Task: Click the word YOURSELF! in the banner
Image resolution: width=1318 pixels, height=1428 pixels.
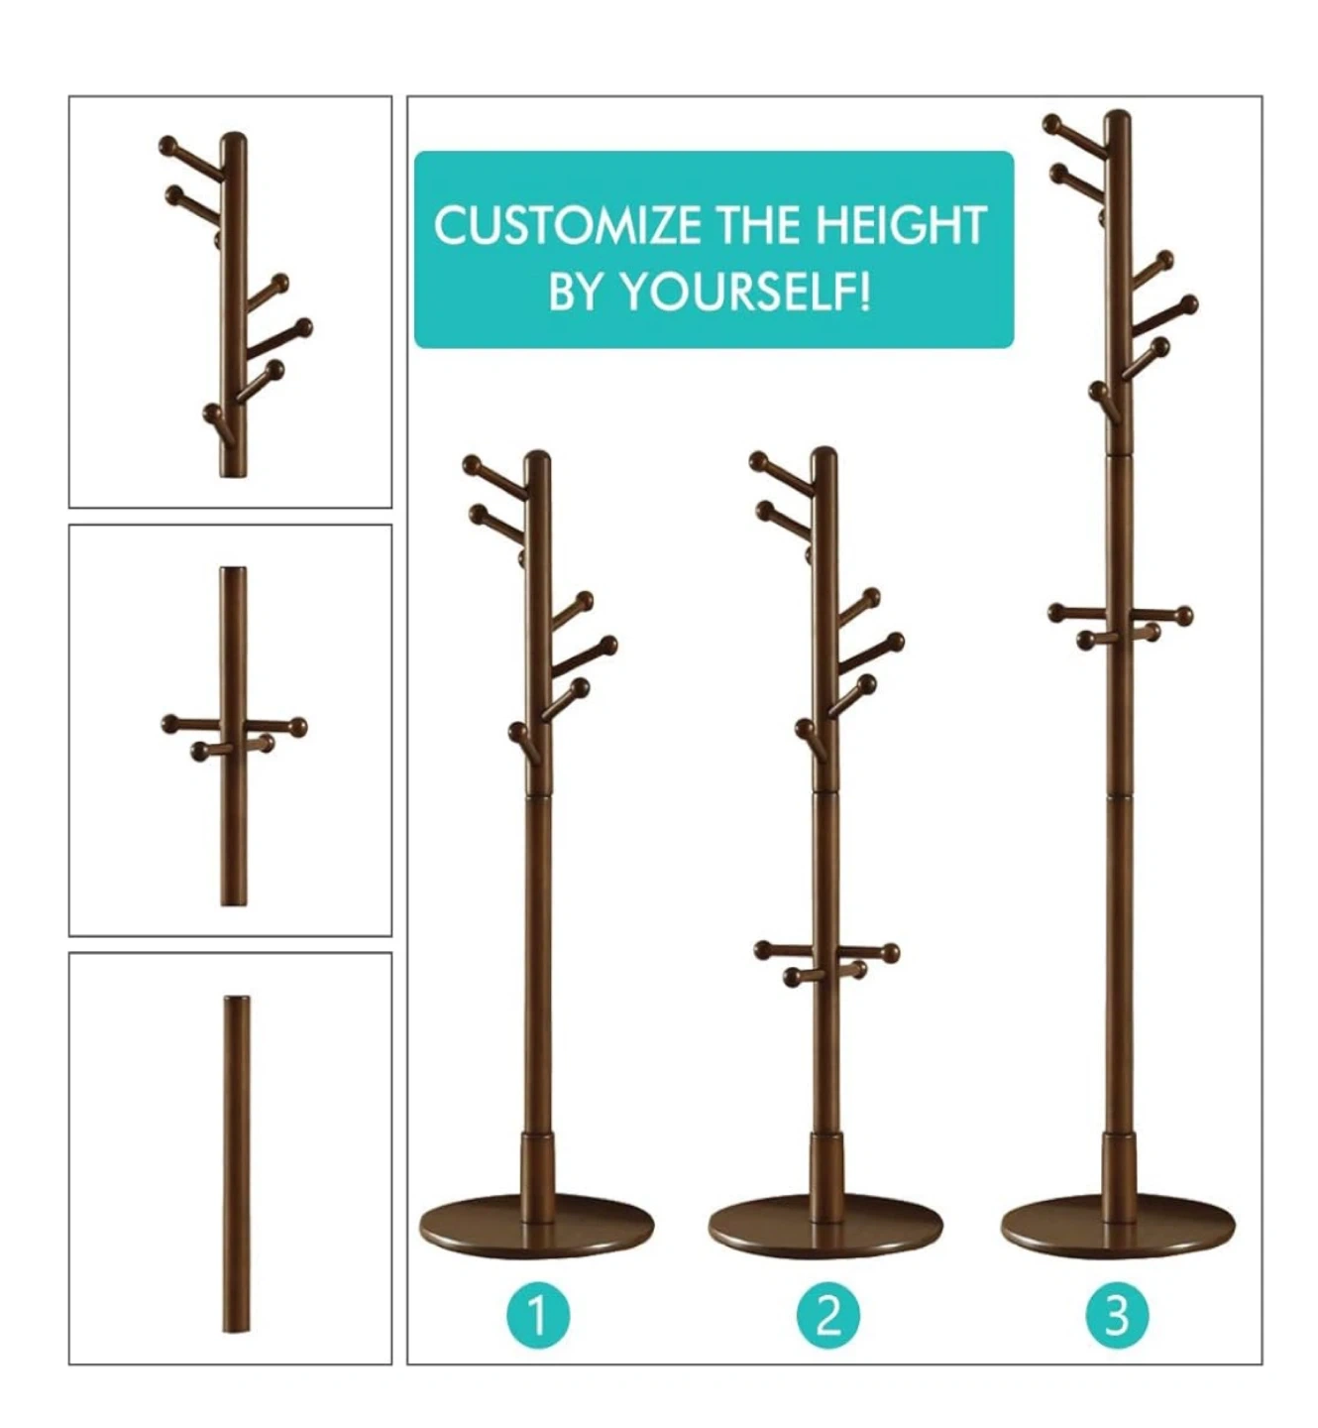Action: click(745, 292)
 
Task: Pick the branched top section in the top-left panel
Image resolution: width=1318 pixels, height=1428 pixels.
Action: click(234, 304)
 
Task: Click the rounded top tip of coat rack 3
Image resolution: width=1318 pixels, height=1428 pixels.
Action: click(1118, 115)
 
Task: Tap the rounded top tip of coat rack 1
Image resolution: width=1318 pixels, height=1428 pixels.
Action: click(537, 456)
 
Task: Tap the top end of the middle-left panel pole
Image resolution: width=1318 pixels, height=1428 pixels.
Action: click(234, 569)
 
